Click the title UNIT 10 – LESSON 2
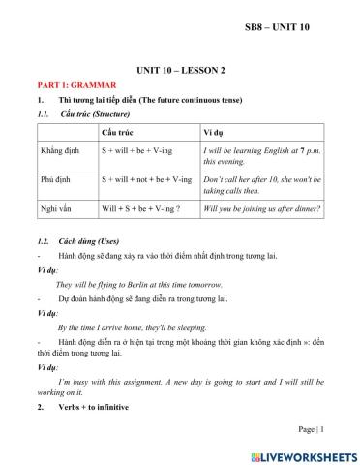179,71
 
